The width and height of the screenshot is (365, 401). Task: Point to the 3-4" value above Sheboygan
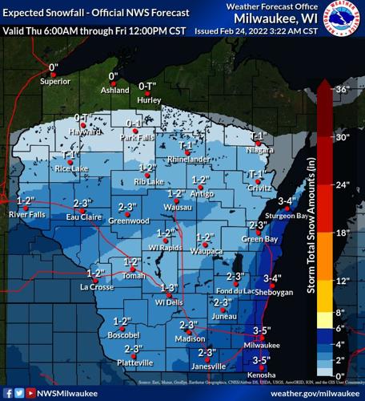[x=273, y=278]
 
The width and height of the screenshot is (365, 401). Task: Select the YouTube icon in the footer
[x=30, y=393]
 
